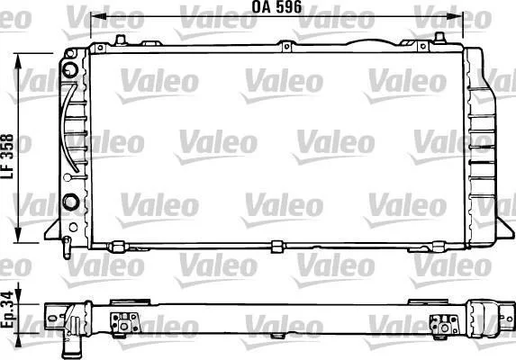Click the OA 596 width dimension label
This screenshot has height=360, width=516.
click(276, 7)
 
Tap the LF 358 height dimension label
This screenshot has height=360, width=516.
click(7, 157)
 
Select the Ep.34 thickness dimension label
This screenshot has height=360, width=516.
click(7, 310)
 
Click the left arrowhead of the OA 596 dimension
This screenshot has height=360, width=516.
click(98, 16)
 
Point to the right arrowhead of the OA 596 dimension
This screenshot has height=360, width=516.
click(455, 16)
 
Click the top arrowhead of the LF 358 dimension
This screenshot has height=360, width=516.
click(18, 61)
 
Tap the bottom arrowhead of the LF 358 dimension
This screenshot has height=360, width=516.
click(18, 235)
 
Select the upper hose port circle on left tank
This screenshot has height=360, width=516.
click(70, 69)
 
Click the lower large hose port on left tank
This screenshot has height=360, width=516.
click(71, 202)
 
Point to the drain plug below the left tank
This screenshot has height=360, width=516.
click(67, 247)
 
